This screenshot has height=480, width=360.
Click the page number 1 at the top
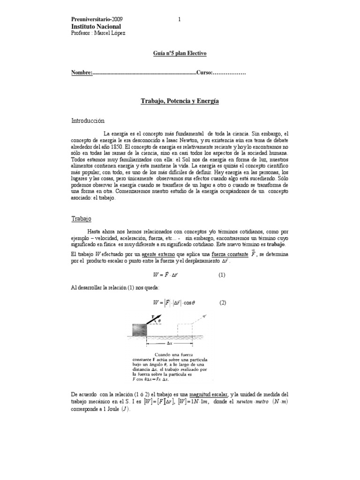point(179,19)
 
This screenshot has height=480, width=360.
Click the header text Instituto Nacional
point(96,26)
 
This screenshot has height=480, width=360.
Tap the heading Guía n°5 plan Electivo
point(180,53)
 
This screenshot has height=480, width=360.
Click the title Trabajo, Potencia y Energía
point(180,101)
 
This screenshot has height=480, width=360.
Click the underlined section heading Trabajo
point(81,219)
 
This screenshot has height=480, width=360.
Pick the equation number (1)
point(223,275)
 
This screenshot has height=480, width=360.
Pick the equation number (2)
point(223,303)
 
